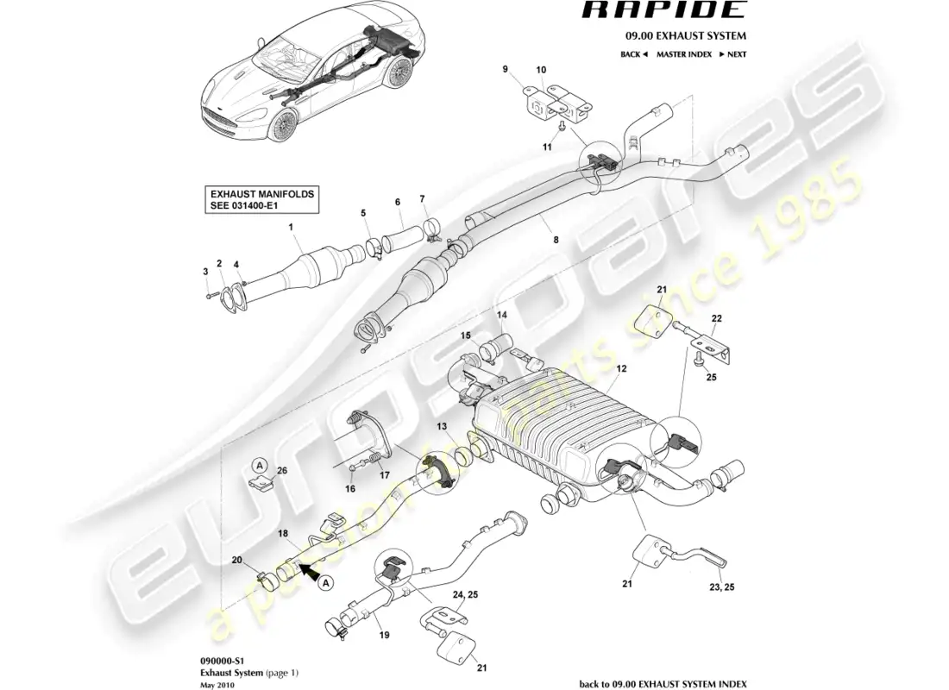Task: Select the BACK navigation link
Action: point(633,54)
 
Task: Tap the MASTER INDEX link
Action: point(683,54)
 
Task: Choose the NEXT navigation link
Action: point(732,54)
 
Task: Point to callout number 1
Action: point(291,229)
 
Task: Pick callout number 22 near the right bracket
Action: point(716,318)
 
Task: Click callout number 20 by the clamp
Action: point(239,560)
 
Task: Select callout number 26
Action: point(281,471)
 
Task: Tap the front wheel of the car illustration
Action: point(282,127)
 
